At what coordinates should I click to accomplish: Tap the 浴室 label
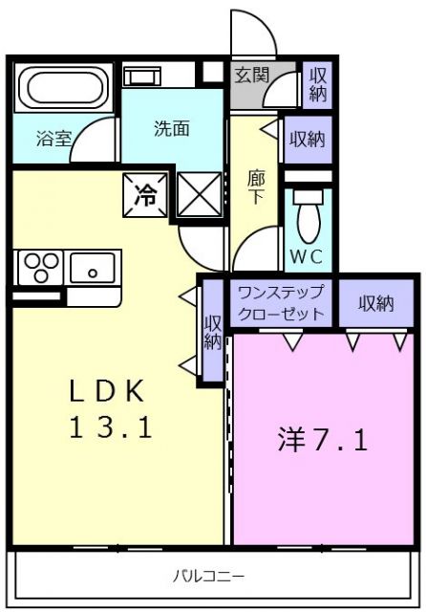(53, 139)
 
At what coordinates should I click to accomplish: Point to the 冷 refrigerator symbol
(145, 196)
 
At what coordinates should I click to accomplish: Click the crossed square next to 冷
(200, 196)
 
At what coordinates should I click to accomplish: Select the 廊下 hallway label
(256, 186)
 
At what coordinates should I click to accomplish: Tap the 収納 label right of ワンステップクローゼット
(375, 303)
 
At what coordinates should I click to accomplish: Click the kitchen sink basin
(93, 265)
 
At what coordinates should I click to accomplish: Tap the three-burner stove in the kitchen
(38, 265)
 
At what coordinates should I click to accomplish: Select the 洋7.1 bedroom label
(323, 440)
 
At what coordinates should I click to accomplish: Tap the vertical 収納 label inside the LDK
(212, 331)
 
